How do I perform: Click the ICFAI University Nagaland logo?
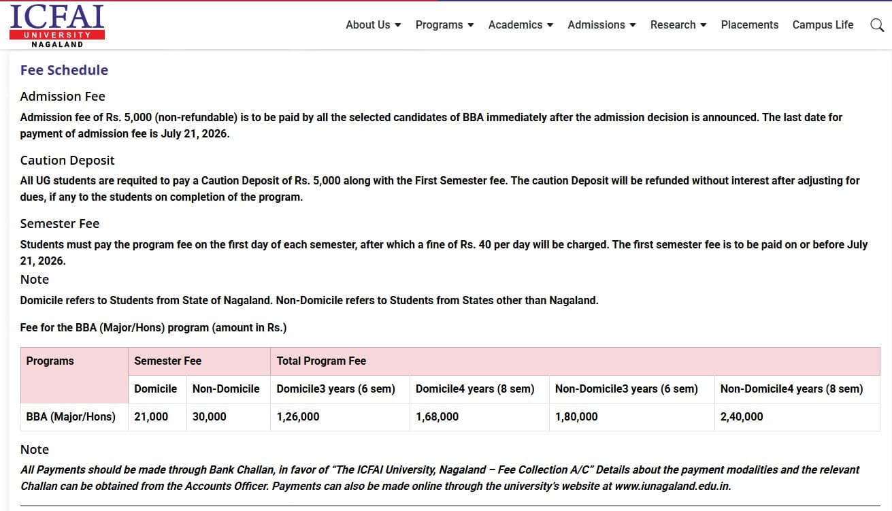(x=57, y=26)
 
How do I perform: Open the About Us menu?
(x=373, y=24)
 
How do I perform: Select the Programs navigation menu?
(x=444, y=24)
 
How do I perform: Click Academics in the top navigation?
(x=521, y=24)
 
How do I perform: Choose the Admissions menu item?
(x=601, y=24)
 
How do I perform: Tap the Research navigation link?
(x=678, y=24)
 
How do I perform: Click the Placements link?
(x=749, y=24)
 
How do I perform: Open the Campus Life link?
(x=823, y=24)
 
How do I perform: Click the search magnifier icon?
(x=877, y=25)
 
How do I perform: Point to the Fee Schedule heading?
(x=64, y=70)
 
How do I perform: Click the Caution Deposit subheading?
(x=67, y=161)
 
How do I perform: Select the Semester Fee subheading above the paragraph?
(x=60, y=224)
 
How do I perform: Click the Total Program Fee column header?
(x=321, y=361)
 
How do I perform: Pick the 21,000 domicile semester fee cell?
(x=151, y=416)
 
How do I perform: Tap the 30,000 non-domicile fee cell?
(x=210, y=416)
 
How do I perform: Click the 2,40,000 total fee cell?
(x=742, y=416)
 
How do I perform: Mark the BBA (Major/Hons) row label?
(x=71, y=416)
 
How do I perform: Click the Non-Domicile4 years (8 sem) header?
(x=791, y=389)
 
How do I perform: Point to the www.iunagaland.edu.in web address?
(x=672, y=487)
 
